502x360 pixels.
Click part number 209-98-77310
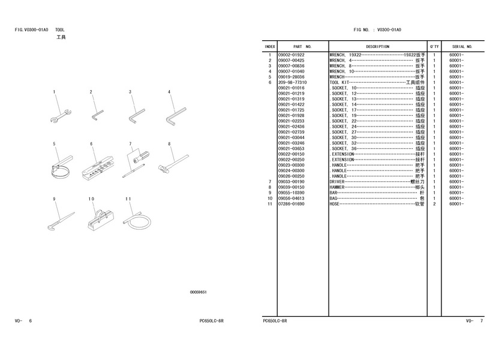(x=293, y=82)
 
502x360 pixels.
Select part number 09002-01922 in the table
(x=291, y=55)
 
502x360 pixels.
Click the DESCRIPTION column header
(x=377, y=46)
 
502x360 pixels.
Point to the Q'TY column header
(x=434, y=46)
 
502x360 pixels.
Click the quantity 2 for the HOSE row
(x=434, y=204)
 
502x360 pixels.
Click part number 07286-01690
(x=291, y=204)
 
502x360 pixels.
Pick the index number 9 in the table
(x=270, y=193)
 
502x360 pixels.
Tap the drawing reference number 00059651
(x=199, y=292)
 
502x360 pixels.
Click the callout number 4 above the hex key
(x=169, y=92)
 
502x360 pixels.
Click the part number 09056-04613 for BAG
(x=291, y=199)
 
